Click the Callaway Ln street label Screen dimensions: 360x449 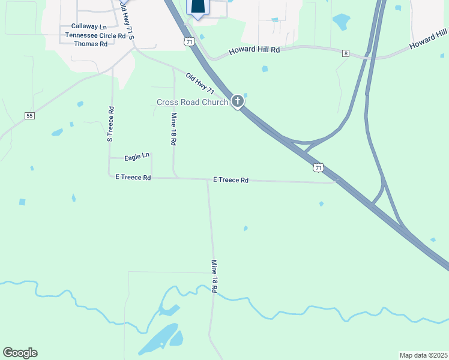(89, 26)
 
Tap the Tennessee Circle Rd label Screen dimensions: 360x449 (95, 35)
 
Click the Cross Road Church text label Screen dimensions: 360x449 (192, 102)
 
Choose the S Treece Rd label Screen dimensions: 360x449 (110, 124)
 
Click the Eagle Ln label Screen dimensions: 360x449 (136, 157)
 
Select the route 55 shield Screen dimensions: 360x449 (29, 115)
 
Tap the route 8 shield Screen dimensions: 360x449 (346, 53)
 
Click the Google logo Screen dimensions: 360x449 (20, 353)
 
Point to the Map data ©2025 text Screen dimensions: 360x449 (423, 355)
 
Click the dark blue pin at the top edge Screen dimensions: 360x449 (198, 7)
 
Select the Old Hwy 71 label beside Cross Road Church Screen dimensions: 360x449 (200, 84)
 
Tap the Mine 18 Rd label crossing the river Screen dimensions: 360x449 (214, 276)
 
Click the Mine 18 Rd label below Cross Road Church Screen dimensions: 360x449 (173, 130)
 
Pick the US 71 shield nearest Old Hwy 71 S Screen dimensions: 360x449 (189, 41)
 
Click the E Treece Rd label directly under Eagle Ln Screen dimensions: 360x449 (133, 178)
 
